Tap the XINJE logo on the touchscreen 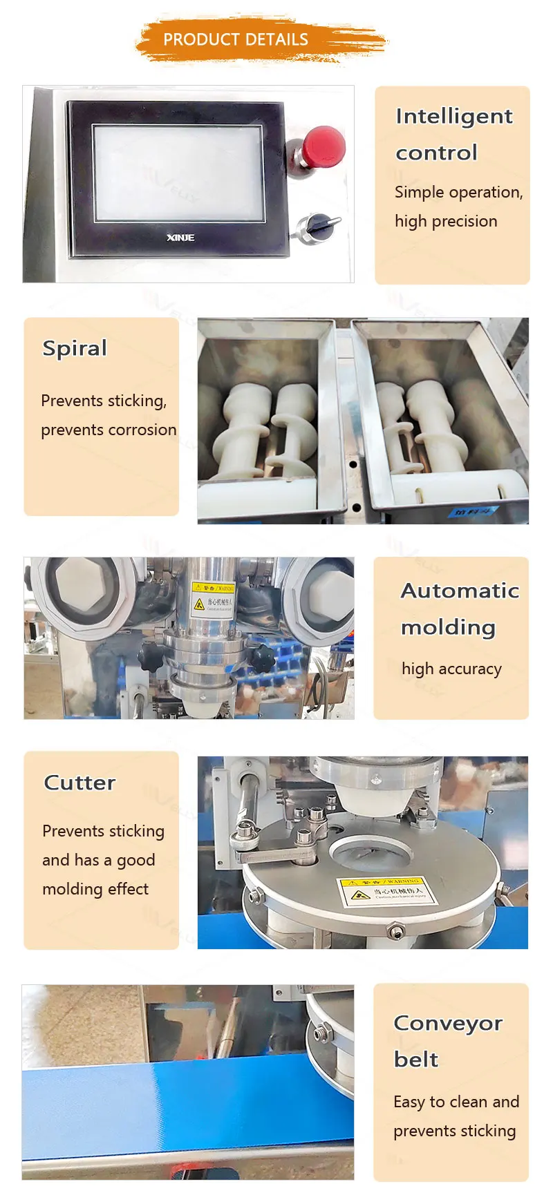click(180, 238)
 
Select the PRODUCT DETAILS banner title click(236, 39)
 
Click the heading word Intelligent click(453, 116)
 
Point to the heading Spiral click(75, 347)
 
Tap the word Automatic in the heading click(460, 591)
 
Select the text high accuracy click(451, 669)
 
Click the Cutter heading click(79, 783)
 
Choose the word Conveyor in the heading click(448, 1023)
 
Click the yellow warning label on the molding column click(213, 597)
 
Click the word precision click(465, 221)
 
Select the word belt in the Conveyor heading click(415, 1060)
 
